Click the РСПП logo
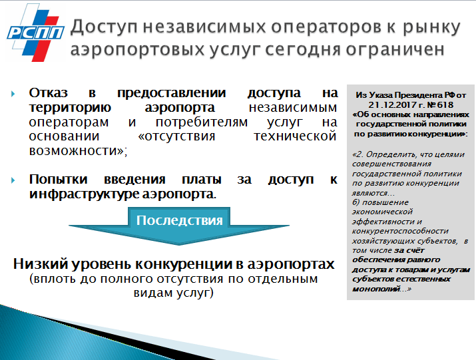tap(35, 33)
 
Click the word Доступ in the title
tap(104, 28)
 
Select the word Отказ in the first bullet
tap(49, 92)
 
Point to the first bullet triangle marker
tap(13, 93)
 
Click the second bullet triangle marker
tap(13, 180)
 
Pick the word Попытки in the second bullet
tap(59, 180)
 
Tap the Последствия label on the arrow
tap(179, 220)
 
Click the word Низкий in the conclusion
tap(41, 264)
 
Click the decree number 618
tap(445, 105)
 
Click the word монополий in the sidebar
tap(376, 289)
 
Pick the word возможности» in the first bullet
tap(78, 151)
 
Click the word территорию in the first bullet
tap(70, 108)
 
